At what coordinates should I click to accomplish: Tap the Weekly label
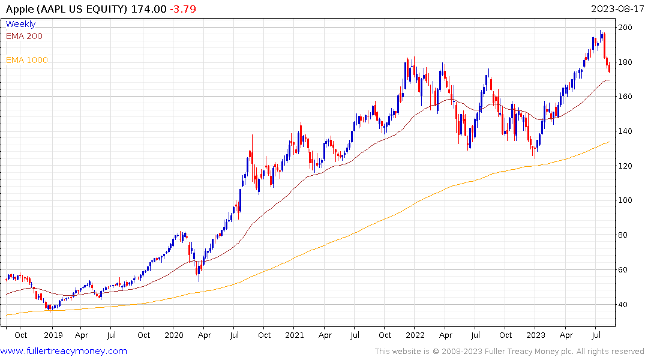(20, 24)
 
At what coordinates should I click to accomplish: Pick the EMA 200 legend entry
(24, 36)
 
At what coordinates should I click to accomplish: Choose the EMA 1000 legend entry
(26, 60)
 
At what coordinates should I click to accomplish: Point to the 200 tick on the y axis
(626, 28)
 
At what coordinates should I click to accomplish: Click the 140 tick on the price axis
(626, 131)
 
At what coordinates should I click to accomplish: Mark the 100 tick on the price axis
(626, 200)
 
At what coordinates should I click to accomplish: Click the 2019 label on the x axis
(53, 335)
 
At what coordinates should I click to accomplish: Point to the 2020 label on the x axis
(173, 335)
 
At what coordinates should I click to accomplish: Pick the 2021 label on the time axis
(294, 335)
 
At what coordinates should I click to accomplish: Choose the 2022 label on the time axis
(415, 335)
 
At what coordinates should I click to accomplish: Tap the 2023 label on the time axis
(536, 335)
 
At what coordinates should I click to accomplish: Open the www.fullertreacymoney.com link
(64, 351)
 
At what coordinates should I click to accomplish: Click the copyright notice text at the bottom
(509, 352)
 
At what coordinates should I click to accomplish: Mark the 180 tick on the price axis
(626, 62)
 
